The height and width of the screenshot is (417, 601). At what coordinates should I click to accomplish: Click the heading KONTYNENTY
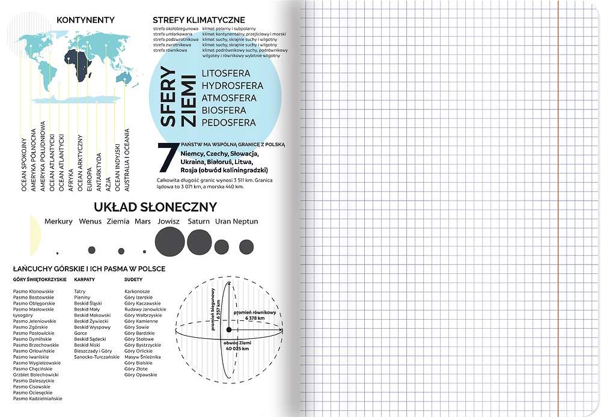coord(85,20)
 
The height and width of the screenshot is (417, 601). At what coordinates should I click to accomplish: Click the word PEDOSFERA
coord(229,123)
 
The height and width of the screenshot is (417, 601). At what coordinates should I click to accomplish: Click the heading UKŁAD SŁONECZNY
coord(155,207)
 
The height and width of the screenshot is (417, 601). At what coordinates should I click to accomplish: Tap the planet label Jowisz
coord(169,222)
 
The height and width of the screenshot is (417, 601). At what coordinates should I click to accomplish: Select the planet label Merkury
coord(58,222)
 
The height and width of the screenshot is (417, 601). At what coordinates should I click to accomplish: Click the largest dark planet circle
coord(169,242)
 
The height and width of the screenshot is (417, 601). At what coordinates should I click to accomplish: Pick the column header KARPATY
coord(85,279)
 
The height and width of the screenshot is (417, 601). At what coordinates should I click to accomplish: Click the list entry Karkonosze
coord(137,291)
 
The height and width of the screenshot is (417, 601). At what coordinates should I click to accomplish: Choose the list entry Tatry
coord(80,291)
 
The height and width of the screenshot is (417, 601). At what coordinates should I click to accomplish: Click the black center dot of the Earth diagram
coord(229,330)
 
